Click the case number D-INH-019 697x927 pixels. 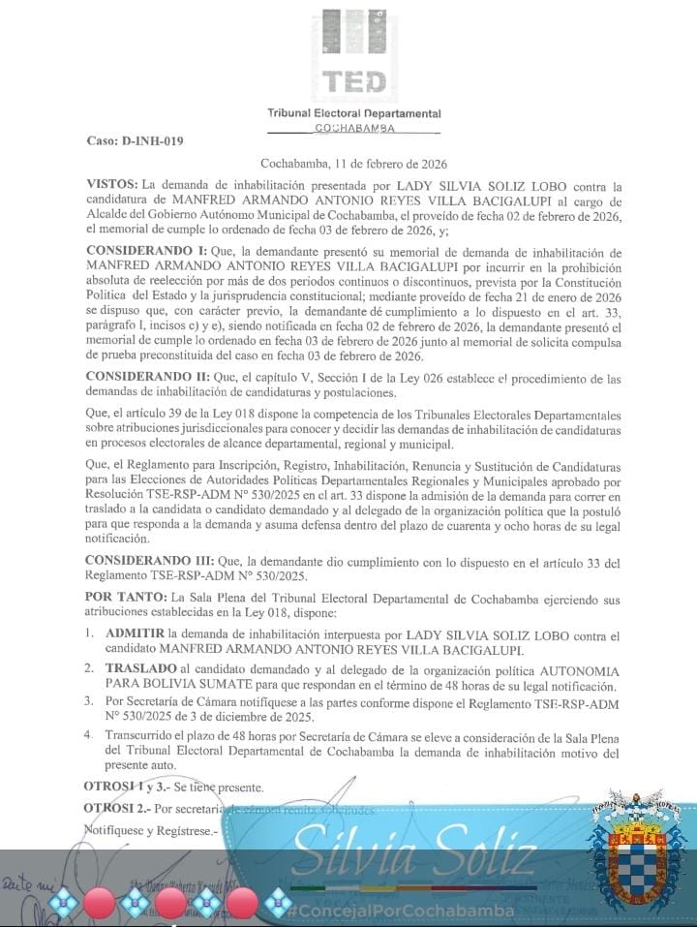(134, 141)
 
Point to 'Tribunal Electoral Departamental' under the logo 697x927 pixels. (353, 114)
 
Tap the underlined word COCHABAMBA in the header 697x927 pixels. (353, 128)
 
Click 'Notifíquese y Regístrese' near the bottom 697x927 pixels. (152, 830)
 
